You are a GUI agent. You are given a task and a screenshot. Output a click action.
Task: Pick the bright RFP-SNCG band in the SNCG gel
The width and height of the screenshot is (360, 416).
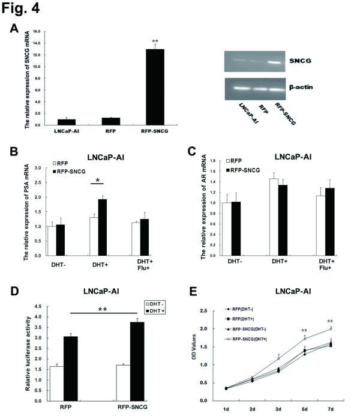pyautogui.click(x=275, y=61)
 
